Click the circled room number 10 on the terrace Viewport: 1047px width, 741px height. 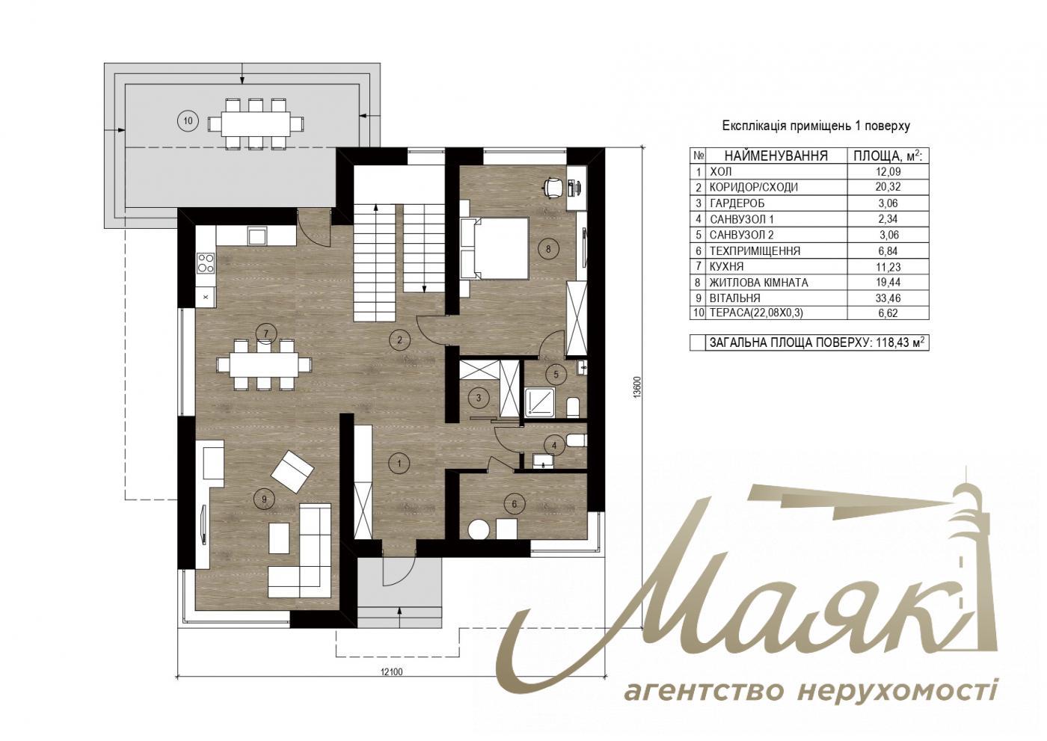point(187,120)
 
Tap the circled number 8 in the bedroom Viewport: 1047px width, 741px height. point(549,250)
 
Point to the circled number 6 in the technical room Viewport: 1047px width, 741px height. point(514,504)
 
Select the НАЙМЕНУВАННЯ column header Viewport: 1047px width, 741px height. point(776,156)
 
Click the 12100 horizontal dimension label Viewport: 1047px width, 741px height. point(390,671)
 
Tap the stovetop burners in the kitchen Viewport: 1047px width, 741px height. point(205,262)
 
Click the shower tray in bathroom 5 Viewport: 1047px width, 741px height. point(538,402)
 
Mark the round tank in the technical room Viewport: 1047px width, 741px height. point(479,529)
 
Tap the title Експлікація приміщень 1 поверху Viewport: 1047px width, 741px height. point(815,126)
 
